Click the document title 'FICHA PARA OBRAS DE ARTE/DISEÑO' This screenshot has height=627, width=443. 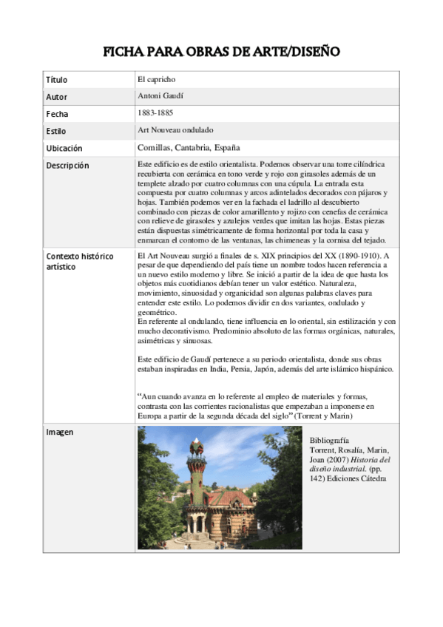[x=221, y=52]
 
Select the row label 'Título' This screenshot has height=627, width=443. [x=56, y=79]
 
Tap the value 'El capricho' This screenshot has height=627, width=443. [x=156, y=79]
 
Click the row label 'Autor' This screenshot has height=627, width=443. [x=56, y=97]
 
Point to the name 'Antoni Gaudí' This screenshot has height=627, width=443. [x=160, y=96]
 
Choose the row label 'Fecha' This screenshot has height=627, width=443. [x=57, y=114]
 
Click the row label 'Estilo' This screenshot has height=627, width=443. [x=56, y=131]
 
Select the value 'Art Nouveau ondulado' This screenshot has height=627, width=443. [x=175, y=130]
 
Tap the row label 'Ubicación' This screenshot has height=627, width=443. [x=64, y=148]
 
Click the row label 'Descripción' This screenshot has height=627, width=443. [x=67, y=166]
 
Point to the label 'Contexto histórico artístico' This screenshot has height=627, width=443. [x=79, y=261]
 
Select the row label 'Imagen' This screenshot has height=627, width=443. [x=59, y=432]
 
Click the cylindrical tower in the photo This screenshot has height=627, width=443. [x=196, y=473]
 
